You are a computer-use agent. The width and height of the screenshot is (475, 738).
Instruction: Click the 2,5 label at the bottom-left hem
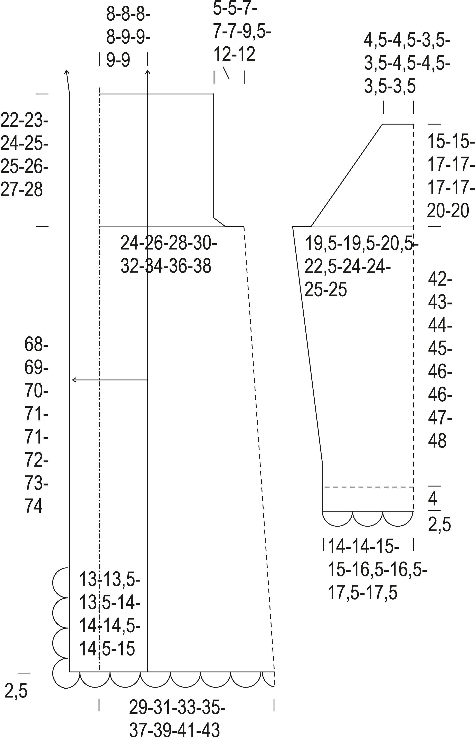pos(16,691)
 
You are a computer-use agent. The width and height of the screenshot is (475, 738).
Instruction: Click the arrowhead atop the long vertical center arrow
pos(148,72)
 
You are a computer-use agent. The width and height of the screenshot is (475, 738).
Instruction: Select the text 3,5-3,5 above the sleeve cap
pos(390,86)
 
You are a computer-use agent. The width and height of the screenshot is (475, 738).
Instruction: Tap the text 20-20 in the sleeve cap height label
pos(448,211)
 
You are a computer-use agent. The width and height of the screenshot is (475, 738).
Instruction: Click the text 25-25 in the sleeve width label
pos(326,290)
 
